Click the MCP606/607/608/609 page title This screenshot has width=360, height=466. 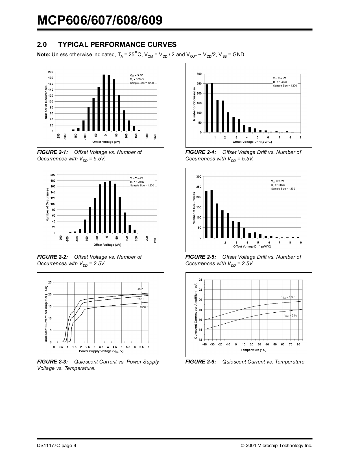coord(100,20)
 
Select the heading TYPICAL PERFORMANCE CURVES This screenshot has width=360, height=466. coord(117,45)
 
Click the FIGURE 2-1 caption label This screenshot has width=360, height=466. coord(53,152)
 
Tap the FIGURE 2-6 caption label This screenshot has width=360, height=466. coord(201,362)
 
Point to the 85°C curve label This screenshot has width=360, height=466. coord(140,289)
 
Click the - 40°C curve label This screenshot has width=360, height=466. coord(142,307)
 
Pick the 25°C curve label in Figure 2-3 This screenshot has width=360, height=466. coord(140,299)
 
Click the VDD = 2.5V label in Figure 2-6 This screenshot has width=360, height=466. coord(291,316)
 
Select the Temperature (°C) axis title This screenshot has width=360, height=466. coord(253,350)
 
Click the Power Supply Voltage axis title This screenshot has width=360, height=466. coord(101,351)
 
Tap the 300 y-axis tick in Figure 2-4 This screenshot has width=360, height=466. coord(199,74)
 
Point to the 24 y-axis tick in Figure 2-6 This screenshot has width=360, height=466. coord(200,280)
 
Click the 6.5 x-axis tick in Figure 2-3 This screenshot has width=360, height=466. coord(141,347)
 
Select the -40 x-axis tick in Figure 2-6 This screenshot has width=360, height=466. coord(205,345)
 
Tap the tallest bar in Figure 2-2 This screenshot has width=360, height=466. coord(110,207)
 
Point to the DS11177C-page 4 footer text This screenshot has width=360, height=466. coord(56,446)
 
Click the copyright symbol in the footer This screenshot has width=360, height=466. coord(243,446)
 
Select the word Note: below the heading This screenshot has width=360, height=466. coord(43,55)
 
